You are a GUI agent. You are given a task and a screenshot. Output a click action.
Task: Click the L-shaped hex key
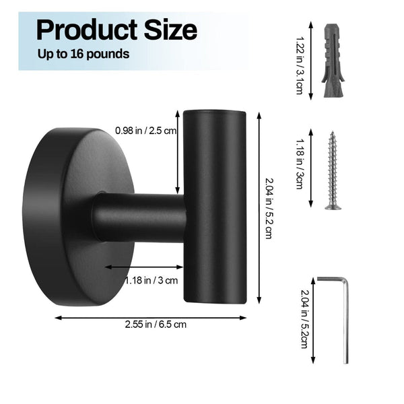pyautogui.click(x=343, y=316)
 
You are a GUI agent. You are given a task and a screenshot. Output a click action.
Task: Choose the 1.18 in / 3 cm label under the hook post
pyautogui.click(x=152, y=280)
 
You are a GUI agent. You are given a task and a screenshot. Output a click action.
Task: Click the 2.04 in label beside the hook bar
pyautogui.click(x=268, y=209)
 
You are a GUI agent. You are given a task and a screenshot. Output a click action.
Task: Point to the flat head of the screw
pyautogui.click(x=333, y=207)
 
